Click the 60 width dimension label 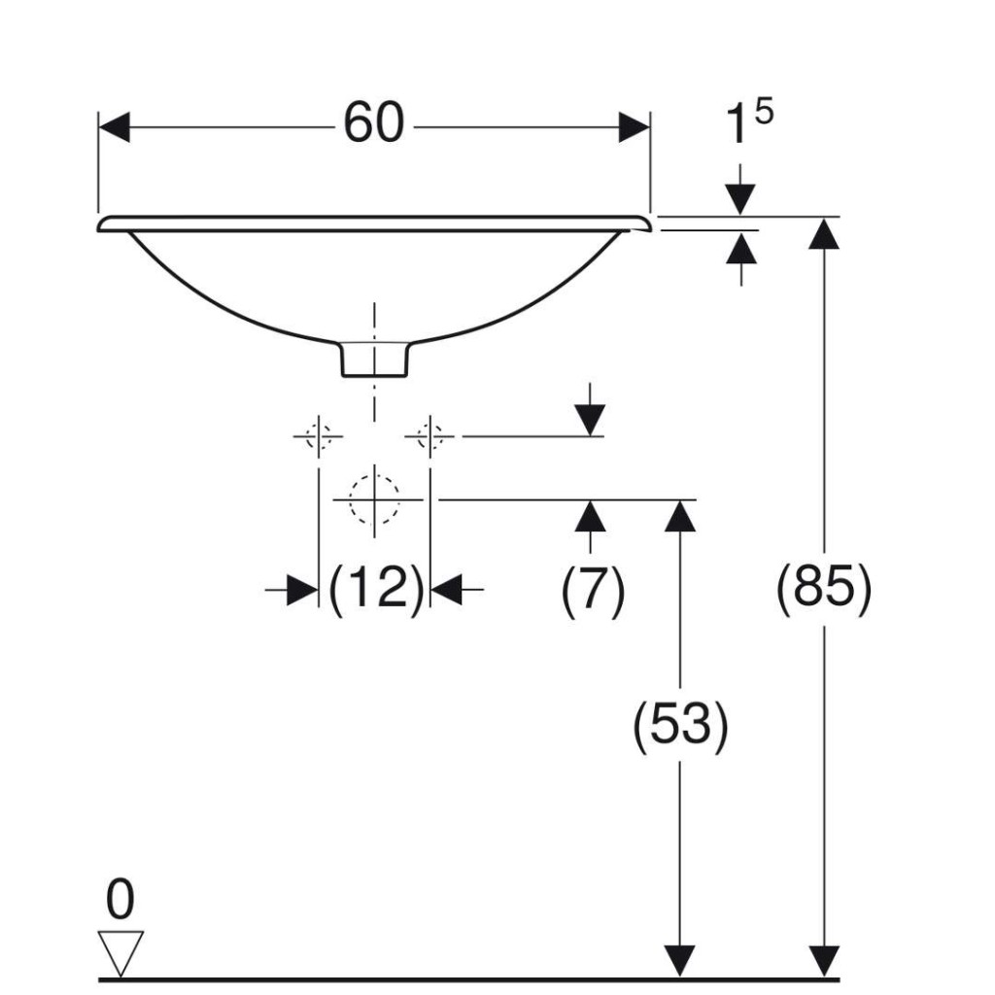pyautogui.click(x=373, y=122)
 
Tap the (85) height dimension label pyautogui.click(x=824, y=588)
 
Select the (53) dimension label pyautogui.click(x=680, y=725)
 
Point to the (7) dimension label pyautogui.click(x=593, y=590)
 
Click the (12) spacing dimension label pyautogui.click(x=375, y=589)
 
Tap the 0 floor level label pyautogui.click(x=120, y=899)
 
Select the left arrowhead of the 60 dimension pyautogui.click(x=115, y=127)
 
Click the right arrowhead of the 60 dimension pyautogui.click(x=634, y=127)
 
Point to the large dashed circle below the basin pyautogui.click(x=374, y=499)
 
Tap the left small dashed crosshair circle pyautogui.click(x=318, y=436)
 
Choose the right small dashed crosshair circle pyautogui.click(x=430, y=436)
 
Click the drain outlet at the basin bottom pyautogui.click(x=374, y=360)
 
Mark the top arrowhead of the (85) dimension pyautogui.click(x=824, y=233)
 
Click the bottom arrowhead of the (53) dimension pyautogui.click(x=679, y=961)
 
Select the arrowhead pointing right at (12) pyautogui.click(x=303, y=590)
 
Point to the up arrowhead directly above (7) pyautogui.click(x=590, y=516)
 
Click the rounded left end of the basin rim pyautogui.click(x=103, y=224)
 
